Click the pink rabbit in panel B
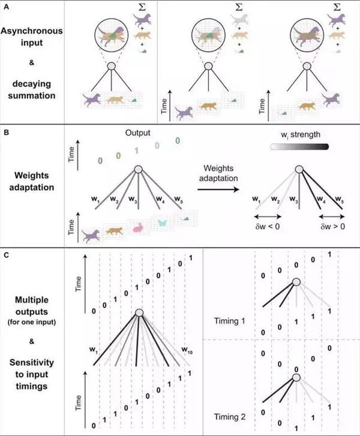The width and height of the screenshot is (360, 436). tap(138, 227)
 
